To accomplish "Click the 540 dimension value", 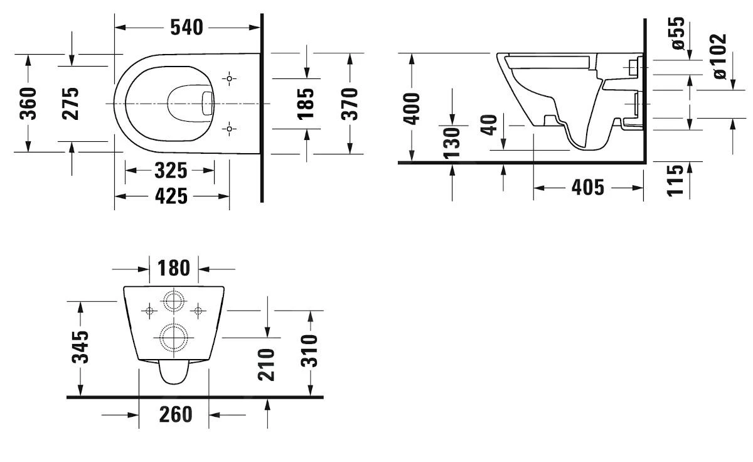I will pyautogui.click(x=187, y=27).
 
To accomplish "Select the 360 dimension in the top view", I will pyautogui.click(x=29, y=103).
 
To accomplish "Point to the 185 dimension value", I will pyautogui.click(x=306, y=103).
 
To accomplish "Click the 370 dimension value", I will pyautogui.click(x=350, y=103).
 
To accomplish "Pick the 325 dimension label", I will pyautogui.click(x=170, y=170).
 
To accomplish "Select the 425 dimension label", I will pyautogui.click(x=170, y=196).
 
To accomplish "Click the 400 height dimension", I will pyautogui.click(x=412, y=108).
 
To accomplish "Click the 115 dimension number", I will pyautogui.click(x=675, y=180).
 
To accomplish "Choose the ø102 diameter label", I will pyautogui.click(x=719, y=56).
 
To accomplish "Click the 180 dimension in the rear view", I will pyautogui.click(x=174, y=268).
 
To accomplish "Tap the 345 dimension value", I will pyautogui.click(x=80, y=347).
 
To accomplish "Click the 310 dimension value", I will pyautogui.click(x=309, y=352).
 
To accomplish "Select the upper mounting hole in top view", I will pyautogui.click(x=230, y=79).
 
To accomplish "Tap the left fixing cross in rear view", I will pyautogui.click(x=150, y=310).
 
